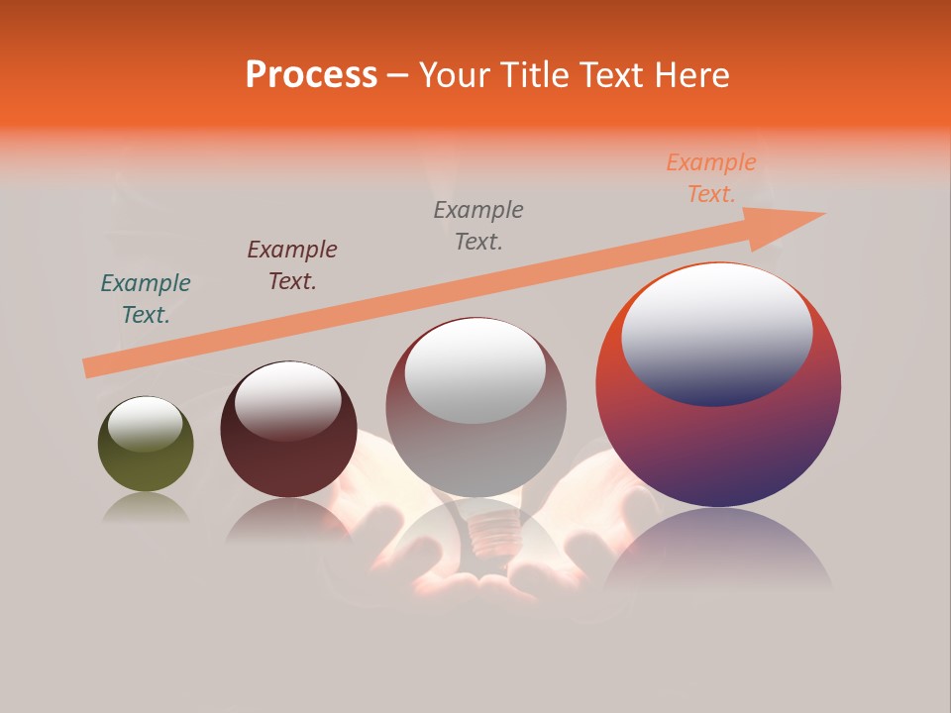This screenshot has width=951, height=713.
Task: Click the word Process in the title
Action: coord(311,75)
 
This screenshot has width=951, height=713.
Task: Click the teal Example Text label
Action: coord(146,299)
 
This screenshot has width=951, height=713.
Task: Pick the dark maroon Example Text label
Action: coord(292,265)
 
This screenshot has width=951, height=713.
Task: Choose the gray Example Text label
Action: coord(478,226)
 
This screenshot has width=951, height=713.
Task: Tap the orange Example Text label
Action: coord(711,178)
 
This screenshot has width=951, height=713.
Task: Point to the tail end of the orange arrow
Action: coord(87,368)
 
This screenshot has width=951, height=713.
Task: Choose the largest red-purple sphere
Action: coord(718,446)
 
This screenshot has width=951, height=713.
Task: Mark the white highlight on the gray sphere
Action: coord(475,368)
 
